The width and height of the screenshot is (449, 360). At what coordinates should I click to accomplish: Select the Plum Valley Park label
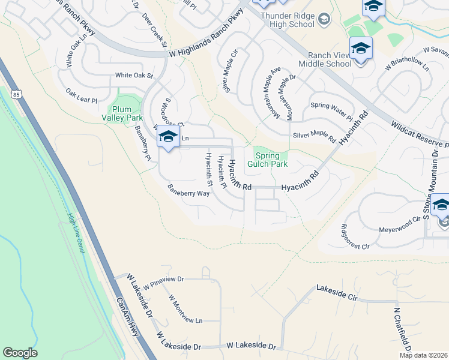(126, 113)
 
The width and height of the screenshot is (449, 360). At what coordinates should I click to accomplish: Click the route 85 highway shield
(16, 94)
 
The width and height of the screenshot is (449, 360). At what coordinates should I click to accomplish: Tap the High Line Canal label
(76, 233)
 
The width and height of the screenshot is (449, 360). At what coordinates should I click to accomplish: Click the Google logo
(20, 353)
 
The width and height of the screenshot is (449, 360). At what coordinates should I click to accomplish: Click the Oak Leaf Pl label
(82, 96)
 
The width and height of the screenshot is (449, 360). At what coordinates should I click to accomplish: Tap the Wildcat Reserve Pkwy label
(419, 135)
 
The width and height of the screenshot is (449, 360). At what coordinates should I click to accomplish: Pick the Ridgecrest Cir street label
(355, 236)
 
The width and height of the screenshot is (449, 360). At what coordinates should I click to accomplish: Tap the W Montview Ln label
(185, 309)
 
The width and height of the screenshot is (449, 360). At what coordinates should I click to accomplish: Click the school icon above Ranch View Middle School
(361, 48)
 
